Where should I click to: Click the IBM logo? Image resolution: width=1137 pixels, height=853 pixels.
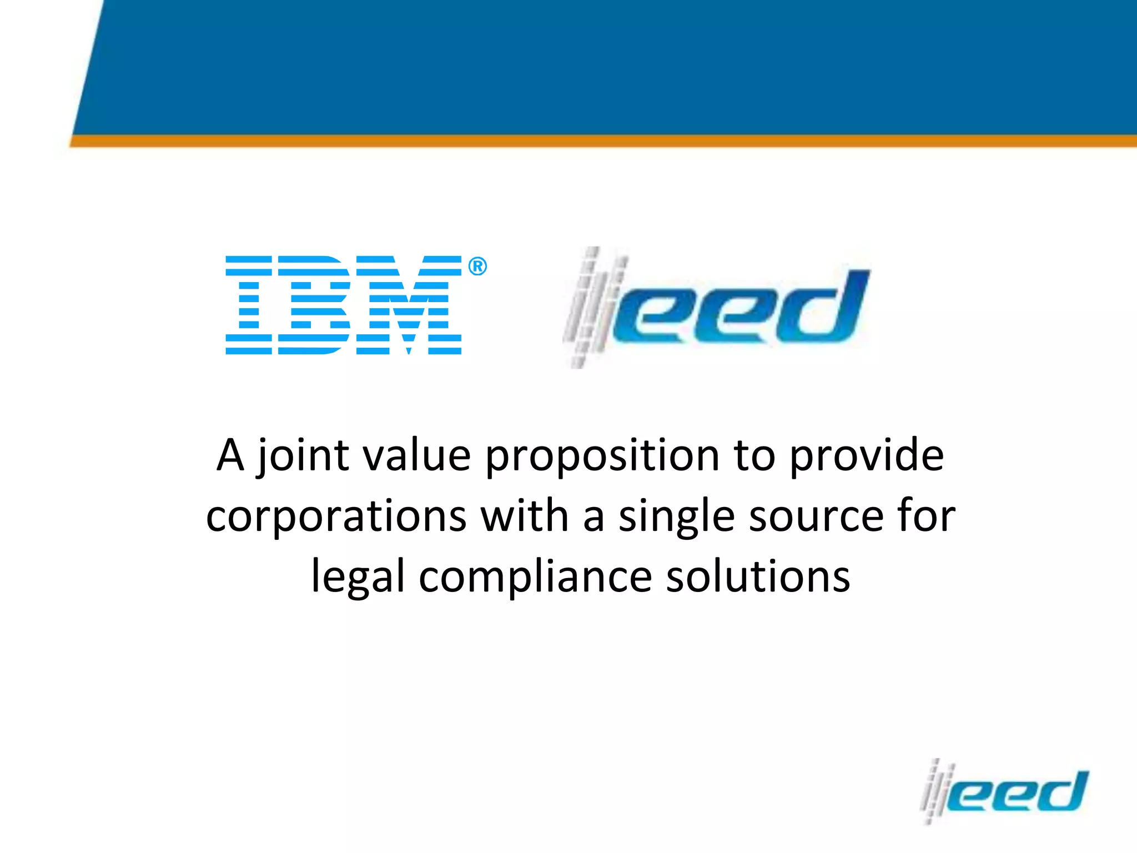click(x=343, y=305)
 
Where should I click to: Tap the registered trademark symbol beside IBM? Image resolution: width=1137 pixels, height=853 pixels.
click(x=477, y=267)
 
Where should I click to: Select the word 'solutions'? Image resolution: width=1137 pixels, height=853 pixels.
click(x=758, y=576)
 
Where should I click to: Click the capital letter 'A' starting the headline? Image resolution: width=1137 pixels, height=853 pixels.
click(x=230, y=455)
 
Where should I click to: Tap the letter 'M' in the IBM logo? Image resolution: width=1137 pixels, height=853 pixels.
click(x=409, y=305)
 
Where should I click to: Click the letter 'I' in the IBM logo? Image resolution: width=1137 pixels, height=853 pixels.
click(x=249, y=305)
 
